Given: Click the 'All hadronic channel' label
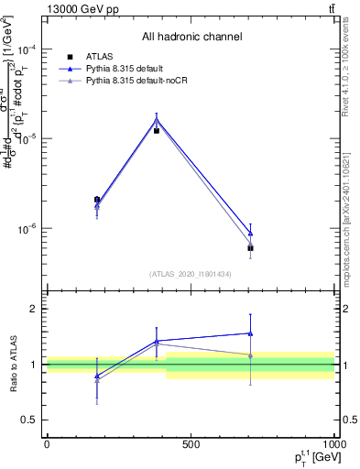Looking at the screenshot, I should [191, 38].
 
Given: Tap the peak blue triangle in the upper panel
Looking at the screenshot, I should [157, 119].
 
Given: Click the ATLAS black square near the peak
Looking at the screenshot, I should [157, 131].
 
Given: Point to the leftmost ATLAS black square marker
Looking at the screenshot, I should [97, 199].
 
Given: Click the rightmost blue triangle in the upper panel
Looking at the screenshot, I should [250, 234].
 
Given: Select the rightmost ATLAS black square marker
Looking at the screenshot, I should [250, 248].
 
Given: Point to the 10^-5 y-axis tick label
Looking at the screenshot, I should [27, 138].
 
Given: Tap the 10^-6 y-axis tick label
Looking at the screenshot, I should [27, 228].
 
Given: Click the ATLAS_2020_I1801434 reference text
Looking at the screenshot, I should [190, 274].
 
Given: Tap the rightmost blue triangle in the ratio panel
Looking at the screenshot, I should [250, 333].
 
